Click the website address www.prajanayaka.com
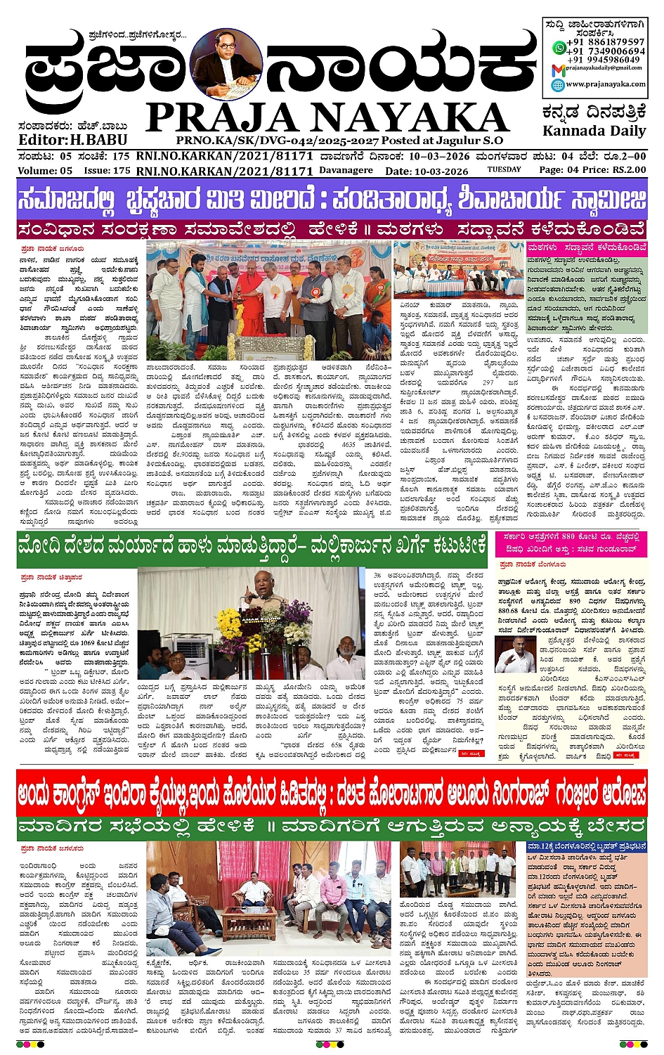pos(605,84)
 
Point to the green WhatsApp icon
pos(559,47)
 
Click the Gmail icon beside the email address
pos(558,68)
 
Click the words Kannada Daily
pos(594,131)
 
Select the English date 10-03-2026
pos(441,171)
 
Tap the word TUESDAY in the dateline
pos(504,169)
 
